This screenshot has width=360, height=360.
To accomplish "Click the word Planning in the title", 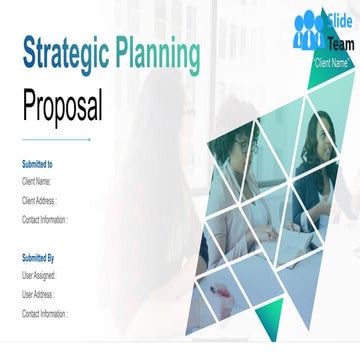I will coord(157,52).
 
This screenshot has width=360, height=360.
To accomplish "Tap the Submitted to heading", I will coord(37,163).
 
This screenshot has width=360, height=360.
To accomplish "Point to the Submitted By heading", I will coord(38,257).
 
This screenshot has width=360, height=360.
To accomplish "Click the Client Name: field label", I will coord(36,182).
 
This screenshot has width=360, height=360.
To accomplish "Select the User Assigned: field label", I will coord(39,275).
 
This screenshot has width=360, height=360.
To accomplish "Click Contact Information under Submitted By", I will coord(45,313).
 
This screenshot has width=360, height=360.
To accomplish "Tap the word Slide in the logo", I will coord(338,22).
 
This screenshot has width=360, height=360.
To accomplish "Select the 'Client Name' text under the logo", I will coord(331,63).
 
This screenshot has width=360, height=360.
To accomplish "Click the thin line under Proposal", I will coord(56,139).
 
